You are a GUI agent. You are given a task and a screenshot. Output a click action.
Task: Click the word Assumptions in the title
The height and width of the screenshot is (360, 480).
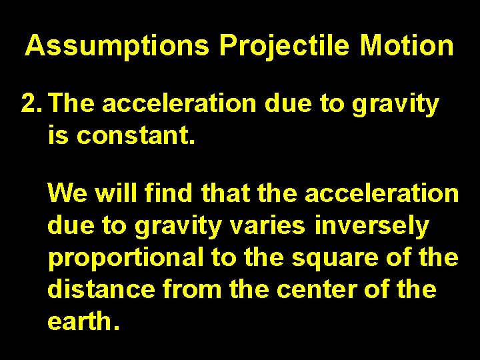117,46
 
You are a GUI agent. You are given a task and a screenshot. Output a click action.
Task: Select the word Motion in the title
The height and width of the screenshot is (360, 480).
407,46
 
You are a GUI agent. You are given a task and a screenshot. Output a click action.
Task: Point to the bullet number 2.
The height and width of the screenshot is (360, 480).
31,104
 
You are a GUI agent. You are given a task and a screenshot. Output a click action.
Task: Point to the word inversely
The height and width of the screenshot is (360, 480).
372,227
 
